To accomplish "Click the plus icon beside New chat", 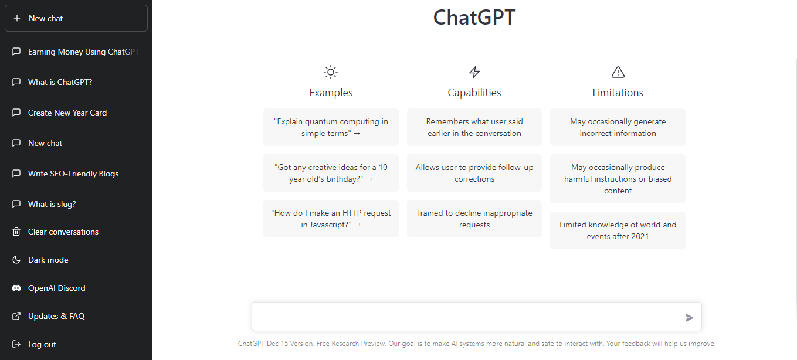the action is tap(17, 18).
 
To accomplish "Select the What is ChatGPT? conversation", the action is tap(60, 82).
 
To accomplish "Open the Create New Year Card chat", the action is tap(67, 113).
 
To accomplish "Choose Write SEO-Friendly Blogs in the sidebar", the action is tap(73, 174).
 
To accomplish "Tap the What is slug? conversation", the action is tap(52, 204).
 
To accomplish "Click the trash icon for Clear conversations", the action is tap(16, 232).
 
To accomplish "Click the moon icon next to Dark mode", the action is tap(16, 260).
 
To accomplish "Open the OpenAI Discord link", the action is tap(56, 288).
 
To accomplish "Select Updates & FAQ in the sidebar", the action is tap(56, 316).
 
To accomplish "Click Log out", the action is tap(42, 344).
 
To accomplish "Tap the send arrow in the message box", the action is tap(689, 318).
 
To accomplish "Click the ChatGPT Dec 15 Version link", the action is tap(276, 343).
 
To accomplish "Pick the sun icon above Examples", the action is tap(331, 72).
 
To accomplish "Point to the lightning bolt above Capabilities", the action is tap(474, 72).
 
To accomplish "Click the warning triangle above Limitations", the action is tap(618, 72).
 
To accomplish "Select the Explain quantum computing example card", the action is tap(331, 127).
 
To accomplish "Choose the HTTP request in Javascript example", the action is tap(331, 219).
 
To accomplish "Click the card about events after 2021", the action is tap(618, 230).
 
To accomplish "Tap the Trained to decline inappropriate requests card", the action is tap(474, 219).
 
